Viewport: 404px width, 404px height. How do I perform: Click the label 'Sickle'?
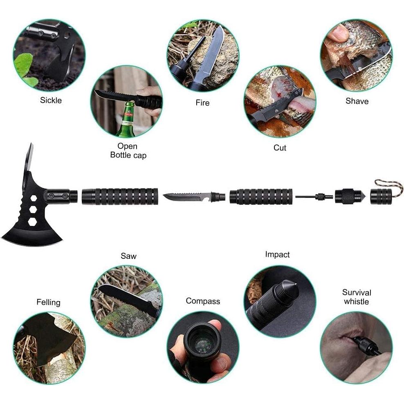(51, 100)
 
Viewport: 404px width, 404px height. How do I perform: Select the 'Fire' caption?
(202, 103)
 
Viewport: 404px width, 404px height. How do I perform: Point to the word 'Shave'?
(357, 101)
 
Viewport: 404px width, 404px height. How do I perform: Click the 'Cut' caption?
(280, 148)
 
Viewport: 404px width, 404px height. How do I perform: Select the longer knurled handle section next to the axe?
(119, 196)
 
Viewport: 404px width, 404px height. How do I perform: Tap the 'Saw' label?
(128, 256)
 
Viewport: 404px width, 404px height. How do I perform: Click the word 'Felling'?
(48, 303)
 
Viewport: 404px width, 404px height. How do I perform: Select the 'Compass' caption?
(203, 301)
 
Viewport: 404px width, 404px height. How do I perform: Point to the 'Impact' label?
(277, 254)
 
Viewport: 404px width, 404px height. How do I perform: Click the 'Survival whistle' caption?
(357, 297)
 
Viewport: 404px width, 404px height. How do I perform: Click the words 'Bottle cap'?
(128, 155)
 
